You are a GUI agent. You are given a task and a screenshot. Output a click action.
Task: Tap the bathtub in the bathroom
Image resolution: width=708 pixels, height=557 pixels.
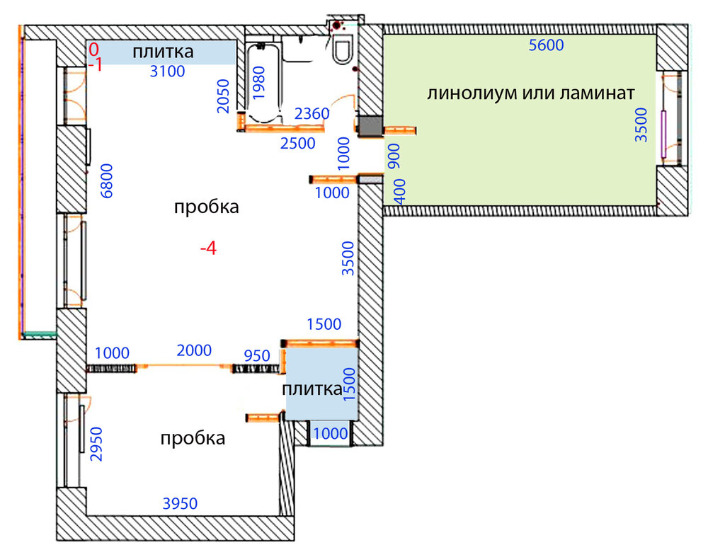click(x=263, y=82)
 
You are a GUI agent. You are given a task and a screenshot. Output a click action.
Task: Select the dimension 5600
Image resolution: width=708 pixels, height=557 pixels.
click(x=547, y=45)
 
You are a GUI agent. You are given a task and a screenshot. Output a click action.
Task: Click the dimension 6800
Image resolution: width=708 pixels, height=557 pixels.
click(x=107, y=181)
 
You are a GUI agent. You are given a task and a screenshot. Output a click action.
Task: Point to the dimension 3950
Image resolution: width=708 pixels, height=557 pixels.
click(x=180, y=503)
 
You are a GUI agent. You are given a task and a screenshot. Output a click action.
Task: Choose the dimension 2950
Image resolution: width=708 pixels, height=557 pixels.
click(x=96, y=444)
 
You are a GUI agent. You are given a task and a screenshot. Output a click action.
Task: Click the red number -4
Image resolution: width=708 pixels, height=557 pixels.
click(x=209, y=248)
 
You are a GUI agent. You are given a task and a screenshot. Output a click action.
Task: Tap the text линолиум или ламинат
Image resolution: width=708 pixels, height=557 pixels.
click(x=531, y=93)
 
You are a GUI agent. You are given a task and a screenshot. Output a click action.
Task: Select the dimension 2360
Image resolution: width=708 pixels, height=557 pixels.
click(x=312, y=113)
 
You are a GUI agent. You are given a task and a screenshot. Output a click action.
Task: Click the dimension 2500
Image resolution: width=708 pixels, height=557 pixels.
click(x=297, y=143)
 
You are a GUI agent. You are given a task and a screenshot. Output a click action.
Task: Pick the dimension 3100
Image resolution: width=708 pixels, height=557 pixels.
click(x=168, y=71)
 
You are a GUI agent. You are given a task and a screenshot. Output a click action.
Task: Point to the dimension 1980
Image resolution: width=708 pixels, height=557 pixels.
click(x=258, y=83)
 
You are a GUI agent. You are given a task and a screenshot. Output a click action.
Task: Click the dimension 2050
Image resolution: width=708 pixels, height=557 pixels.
click(x=224, y=96)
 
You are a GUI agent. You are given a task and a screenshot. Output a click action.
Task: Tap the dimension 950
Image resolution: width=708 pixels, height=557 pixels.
click(x=257, y=356)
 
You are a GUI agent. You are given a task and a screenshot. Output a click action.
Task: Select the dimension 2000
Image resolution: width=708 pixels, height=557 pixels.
click(x=194, y=350)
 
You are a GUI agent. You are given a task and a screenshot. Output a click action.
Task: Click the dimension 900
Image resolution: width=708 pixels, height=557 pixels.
click(x=394, y=156)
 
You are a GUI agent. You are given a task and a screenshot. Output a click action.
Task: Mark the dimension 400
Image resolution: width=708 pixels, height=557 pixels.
click(x=400, y=192)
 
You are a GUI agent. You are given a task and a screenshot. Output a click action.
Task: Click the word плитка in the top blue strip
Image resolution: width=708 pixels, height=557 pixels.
click(x=163, y=52)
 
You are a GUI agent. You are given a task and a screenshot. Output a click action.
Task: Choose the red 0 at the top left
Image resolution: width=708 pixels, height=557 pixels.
click(x=93, y=49)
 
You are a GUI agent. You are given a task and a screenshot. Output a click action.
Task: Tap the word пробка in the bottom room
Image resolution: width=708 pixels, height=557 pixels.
click(x=193, y=438)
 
